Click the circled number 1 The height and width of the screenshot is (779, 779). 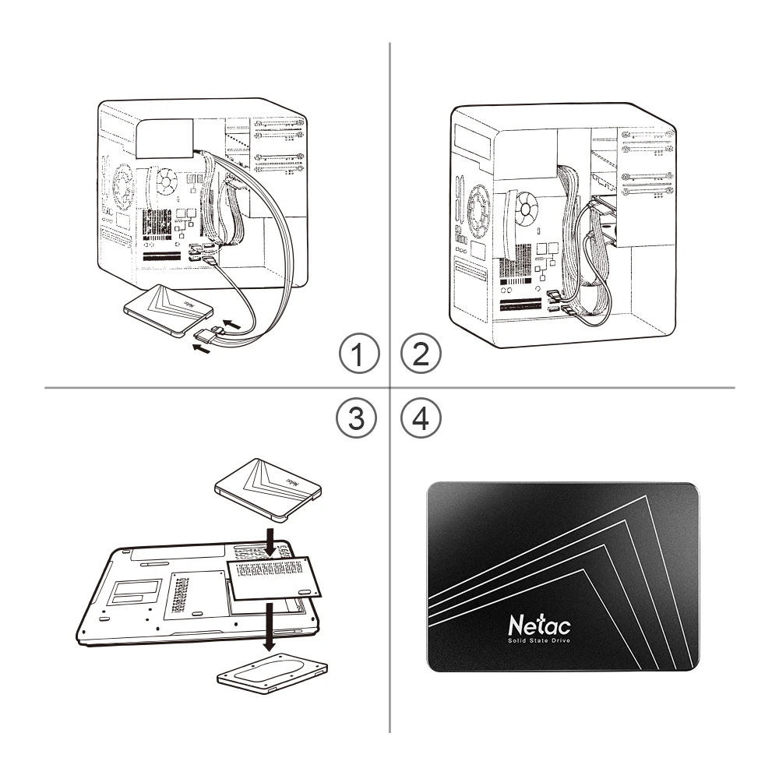pyautogui.click(x=358, y=356)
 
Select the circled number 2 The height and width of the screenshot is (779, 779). pyautogui.click(x=420, y=356)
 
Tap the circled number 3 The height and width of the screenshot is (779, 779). pyautogui.click(x=358, y=418)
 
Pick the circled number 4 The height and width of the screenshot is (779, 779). pyautogui.click(x=420, y=418)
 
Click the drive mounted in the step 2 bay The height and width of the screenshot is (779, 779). pyautogui.click(x=608, y=226)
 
